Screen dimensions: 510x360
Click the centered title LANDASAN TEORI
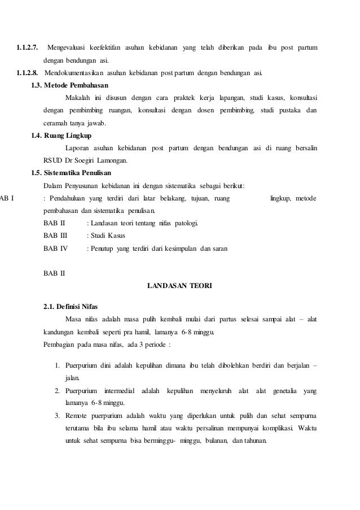179,285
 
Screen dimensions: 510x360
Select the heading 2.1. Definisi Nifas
70,307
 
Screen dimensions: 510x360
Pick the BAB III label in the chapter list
55,235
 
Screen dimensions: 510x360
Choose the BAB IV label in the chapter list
55,247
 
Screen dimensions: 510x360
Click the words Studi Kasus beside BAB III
107,235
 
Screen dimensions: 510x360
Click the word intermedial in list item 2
120,391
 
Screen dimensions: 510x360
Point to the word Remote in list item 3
76,416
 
